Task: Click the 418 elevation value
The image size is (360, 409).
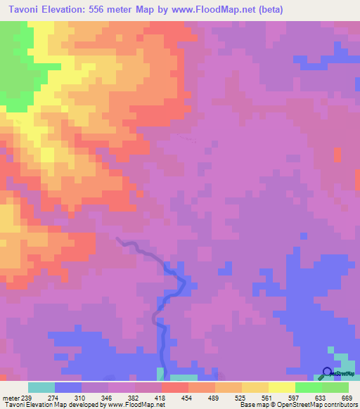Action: [160, 398]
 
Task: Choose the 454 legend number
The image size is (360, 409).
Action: [186, 398]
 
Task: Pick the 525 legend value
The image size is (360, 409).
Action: [239, 398]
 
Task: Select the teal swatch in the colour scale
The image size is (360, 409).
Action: [41, 387]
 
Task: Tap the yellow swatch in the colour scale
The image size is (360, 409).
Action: [282, 387]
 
